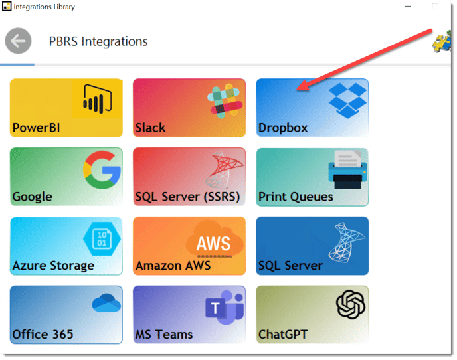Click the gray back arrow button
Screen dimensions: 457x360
[18, 41]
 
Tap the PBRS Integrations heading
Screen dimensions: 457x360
[98, 41]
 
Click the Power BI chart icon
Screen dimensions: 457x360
[98, 99]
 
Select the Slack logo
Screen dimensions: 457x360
[225, 101]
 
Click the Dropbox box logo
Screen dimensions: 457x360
[347, 100]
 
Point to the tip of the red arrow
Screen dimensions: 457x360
[298, 89]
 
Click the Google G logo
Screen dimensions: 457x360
[102, 169]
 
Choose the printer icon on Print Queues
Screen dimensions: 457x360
[347, 169]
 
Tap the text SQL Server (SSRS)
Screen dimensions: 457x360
[188, 197]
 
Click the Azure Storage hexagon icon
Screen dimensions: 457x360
[102, 238]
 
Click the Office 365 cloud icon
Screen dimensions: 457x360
[106, 303]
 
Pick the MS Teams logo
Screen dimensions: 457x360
[225, 308]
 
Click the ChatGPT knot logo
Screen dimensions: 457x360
[350, 304]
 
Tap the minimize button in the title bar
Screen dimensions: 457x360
[407, 6]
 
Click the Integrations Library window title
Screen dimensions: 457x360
[45, 7]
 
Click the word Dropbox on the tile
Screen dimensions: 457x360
[283, 128]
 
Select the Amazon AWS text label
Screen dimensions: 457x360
[173, 266]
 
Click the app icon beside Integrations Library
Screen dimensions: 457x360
[7, 6]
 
